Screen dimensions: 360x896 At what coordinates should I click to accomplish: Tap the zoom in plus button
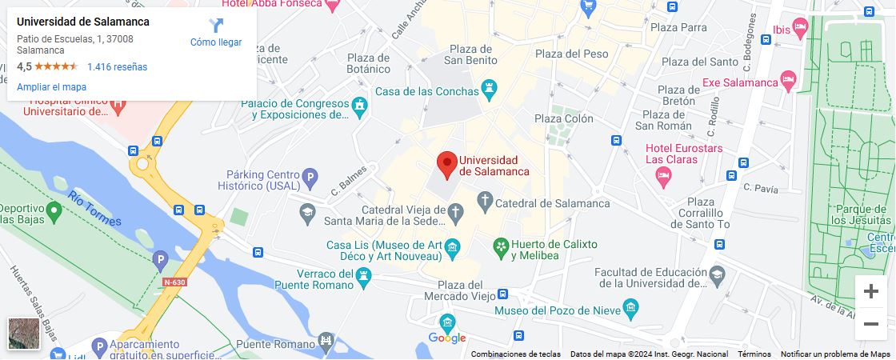[x=871, y=291]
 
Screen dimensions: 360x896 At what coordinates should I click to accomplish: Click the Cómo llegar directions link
[x=216, y=33]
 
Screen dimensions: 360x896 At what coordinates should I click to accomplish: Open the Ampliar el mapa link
[x=51, y=87]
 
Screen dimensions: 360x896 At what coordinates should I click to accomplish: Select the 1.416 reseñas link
[x=117, y=67]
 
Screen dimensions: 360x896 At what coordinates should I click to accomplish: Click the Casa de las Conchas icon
[x=490, y=86]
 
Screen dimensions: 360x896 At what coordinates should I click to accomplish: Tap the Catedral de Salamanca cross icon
[x=485, y=199]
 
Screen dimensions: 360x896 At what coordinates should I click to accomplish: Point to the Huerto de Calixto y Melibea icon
[x=501, y=245]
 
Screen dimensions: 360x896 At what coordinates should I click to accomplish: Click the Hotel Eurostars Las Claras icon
[x=662, y=175]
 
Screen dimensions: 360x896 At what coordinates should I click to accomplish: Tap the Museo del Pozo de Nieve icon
[x=630, y=306]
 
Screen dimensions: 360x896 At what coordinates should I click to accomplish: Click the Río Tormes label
[x=94, y=208]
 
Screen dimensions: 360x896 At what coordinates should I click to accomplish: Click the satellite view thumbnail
[x=23, y=334]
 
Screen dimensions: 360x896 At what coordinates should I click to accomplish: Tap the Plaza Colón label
[x=564, y=118]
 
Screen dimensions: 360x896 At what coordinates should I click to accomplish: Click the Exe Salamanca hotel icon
[x=789, y=79]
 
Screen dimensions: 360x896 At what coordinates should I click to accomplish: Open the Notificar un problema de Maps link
[x=835, y=354]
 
